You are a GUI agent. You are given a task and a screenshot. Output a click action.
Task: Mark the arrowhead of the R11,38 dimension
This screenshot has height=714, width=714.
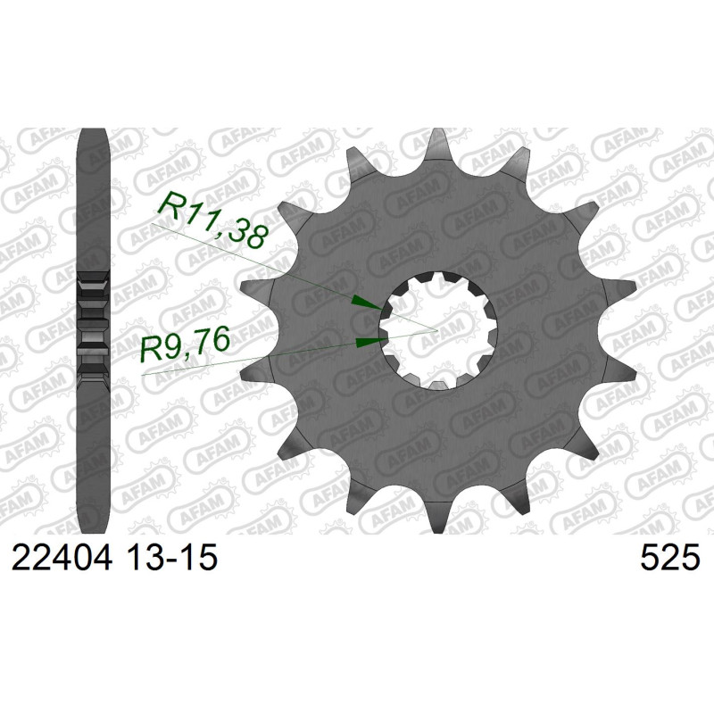pos(367,303)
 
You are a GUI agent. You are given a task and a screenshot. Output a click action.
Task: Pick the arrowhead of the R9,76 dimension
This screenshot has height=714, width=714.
pos(370,342)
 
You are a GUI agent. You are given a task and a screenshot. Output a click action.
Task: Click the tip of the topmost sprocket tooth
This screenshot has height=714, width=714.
pos(437,129)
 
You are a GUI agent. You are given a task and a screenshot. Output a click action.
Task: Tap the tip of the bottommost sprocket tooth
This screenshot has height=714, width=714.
pos(437,531)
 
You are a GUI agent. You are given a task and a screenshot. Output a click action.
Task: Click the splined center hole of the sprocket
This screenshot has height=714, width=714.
pos(437,330)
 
